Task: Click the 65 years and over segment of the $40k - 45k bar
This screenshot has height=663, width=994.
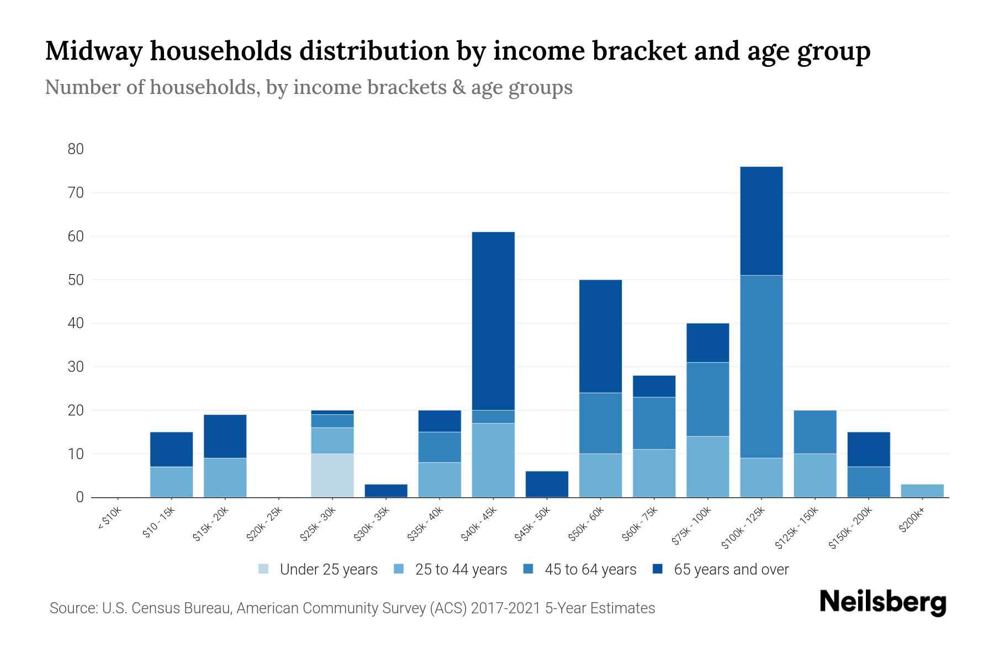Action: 493,320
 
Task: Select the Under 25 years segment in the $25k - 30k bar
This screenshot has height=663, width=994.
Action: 332,475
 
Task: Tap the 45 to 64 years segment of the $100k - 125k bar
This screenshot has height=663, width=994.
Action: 762,366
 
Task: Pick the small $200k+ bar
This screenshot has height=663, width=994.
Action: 922,491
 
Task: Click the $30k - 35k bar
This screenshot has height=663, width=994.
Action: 386,491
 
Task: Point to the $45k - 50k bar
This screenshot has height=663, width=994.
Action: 547,484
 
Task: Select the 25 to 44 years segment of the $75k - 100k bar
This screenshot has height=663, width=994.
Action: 707,467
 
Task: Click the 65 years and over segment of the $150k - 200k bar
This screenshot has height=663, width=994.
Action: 869,449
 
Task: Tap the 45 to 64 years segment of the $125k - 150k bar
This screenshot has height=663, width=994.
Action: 815,432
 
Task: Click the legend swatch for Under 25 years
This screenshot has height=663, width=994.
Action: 264,569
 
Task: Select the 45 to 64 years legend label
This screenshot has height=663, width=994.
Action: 590,569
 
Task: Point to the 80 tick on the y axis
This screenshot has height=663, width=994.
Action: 76,149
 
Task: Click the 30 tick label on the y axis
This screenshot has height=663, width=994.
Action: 76,367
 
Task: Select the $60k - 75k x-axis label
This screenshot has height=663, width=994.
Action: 640,524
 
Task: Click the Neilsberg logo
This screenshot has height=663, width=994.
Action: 882,602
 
